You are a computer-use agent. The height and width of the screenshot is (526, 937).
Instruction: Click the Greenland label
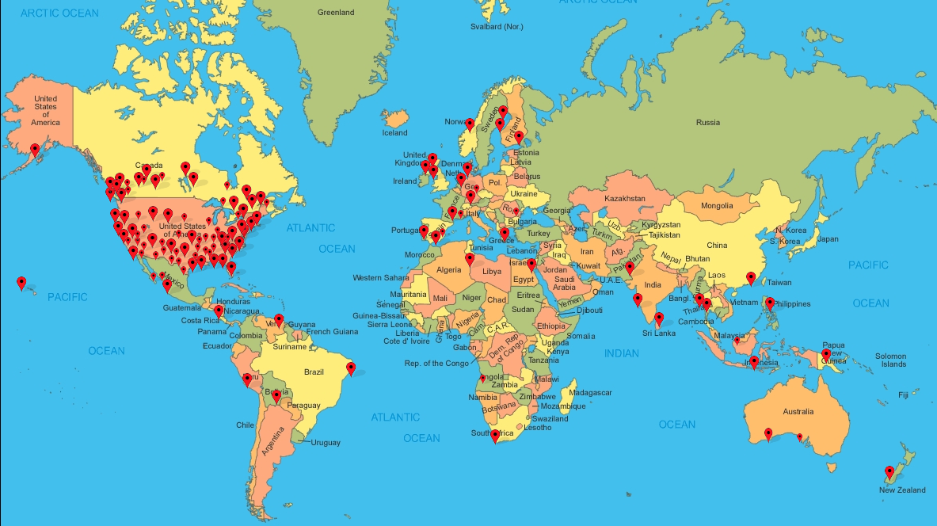pos(336,13)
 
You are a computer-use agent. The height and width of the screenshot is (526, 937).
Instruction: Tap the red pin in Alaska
pos(35,149)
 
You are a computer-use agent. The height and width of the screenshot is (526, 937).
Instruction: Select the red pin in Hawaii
pos(21,282)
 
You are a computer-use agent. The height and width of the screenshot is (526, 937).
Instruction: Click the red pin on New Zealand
pos(889,473)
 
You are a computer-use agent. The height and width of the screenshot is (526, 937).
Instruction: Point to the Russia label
pos(708,122)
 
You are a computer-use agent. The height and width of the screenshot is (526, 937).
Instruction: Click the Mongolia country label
pos(717,206)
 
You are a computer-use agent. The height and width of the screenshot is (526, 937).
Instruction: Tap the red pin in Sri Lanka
pos(659,318)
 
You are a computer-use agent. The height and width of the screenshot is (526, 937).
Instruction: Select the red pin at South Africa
pos(496,435)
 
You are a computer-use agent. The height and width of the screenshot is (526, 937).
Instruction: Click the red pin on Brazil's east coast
pos(351,368)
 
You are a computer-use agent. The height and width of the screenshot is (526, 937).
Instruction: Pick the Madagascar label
pos(591,392)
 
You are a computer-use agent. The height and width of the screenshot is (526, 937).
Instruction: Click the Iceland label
pos(394,133)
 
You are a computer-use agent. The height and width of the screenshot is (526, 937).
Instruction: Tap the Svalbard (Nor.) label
pos(497,27)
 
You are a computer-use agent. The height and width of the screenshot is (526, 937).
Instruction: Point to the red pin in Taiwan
pos(751,278)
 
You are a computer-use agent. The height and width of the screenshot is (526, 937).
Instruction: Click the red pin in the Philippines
pos(770,303)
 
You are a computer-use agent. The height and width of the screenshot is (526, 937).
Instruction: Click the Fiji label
pos(903,394)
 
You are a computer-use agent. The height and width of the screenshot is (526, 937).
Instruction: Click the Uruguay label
pos(326,442)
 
